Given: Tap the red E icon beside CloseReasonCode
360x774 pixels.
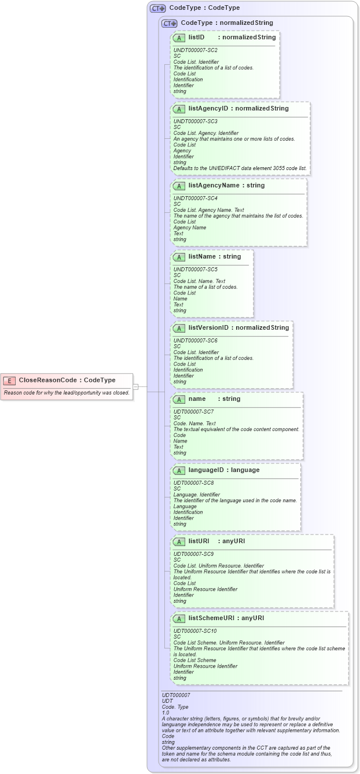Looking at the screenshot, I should [x=9, y=381].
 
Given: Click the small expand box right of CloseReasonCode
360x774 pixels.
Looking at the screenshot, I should [x=135, y=386].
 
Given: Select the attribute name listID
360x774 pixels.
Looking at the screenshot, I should [x=197, y=37].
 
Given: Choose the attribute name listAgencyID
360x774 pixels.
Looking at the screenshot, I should [x=208, y=108].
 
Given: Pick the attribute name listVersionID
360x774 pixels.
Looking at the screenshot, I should [x=209, y=327].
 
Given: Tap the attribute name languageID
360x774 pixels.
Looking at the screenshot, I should [x=207, y=470].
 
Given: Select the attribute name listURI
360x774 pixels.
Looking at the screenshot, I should [x=199, y=541].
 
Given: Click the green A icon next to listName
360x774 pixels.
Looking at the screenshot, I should [x=179, y=257].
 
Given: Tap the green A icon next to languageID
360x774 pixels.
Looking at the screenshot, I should [x=179, y=470].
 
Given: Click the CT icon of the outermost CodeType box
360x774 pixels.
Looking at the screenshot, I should [x=157, y=9].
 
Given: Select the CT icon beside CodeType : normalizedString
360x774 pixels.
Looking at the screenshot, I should [x=169, y=23].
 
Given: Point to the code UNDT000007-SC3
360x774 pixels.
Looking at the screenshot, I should [x=196, y=121].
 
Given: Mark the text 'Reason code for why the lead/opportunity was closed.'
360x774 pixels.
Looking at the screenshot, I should [x=67, y=393].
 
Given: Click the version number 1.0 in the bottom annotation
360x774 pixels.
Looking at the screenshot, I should [x=166, y=713].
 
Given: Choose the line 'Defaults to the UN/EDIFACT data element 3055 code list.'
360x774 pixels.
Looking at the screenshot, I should [x=240, y=168].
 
